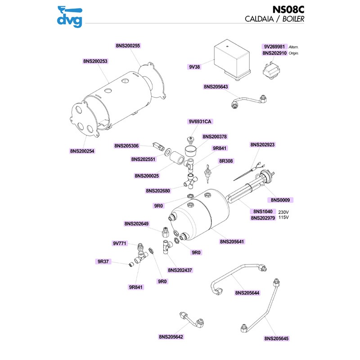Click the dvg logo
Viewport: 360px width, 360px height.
click(x=70, y=16)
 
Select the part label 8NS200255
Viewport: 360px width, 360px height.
click(x=128, y=45)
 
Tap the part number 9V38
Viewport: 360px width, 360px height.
click(x=194, y=67)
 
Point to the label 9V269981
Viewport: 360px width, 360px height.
click(x=274, y=46)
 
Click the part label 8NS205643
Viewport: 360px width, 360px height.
click(x=216, y=86)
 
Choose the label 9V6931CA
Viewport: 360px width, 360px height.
click(x=200, y=121)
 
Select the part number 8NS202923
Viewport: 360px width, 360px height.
click(x=262, y=145)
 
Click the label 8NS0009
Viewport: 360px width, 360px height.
click(x=280, y=199)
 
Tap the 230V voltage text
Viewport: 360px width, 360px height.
click(x=283, y=212)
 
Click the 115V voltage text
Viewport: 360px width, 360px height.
click(x=283, y=218)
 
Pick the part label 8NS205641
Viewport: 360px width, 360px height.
click(x=232, y=242)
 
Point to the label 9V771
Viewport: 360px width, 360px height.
click(x=120, y=243)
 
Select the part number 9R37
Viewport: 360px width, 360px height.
click(x=103, y=261)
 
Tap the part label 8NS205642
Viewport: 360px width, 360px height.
click(x=171, y=337)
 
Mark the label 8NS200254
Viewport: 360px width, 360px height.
click(x=82, y=151)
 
